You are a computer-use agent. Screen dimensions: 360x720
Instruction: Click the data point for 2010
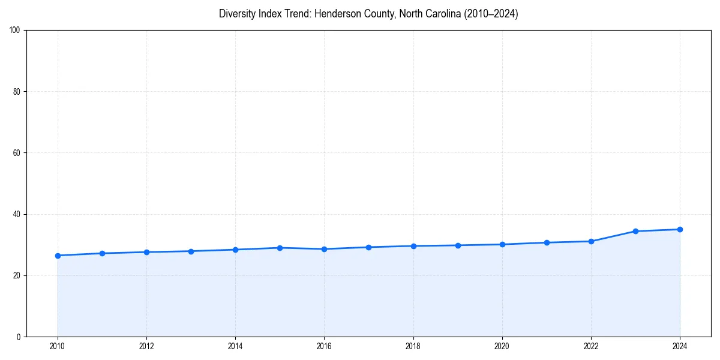(x=58, y=256)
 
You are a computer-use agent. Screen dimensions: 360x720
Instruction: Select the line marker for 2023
(x=635, y=231)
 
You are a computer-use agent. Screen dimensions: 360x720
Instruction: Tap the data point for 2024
(x=680, y=229)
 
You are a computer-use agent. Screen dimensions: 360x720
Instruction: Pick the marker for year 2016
(x=324, y=249)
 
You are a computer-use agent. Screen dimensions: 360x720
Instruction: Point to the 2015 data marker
(x=280, y=248)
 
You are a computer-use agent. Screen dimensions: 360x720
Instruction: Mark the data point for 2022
(x=591, y=241)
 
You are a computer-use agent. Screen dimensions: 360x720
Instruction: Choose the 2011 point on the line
(x=102, y=253)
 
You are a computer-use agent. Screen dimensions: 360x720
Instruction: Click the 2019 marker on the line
(x=458, y=245)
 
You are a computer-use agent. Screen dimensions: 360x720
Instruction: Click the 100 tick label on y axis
(x=15, y=31)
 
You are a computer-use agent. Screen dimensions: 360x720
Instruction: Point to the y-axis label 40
(x=17, y=214)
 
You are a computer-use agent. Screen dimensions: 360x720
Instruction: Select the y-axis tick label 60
(x=17, y=153)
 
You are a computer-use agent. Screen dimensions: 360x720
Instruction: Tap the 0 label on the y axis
(x=19, y=337)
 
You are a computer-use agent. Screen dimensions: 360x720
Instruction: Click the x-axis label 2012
(x=146, y=346)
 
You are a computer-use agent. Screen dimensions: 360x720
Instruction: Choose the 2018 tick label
(x=413, y=346)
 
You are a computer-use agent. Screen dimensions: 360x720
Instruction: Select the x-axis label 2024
(x=680, y=346)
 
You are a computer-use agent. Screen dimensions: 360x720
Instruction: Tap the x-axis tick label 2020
(x=502, y=346)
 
